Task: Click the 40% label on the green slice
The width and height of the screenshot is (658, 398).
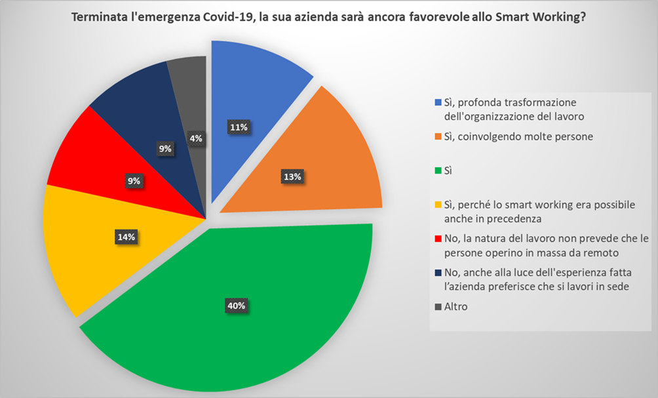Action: tap(236, 306)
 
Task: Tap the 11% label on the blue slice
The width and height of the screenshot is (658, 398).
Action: tap(237, 127)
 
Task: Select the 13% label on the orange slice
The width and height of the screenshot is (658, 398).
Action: tap(292, 176)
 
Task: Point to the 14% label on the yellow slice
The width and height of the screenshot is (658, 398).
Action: tap(126, 237)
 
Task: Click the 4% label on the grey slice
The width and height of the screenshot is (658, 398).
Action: tap(196, 138)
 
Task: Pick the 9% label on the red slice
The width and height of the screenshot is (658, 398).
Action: tap(134, 181)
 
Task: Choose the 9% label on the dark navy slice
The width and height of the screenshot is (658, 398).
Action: tap(165, 149)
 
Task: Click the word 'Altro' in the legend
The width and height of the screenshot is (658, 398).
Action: tap(456, 306)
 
